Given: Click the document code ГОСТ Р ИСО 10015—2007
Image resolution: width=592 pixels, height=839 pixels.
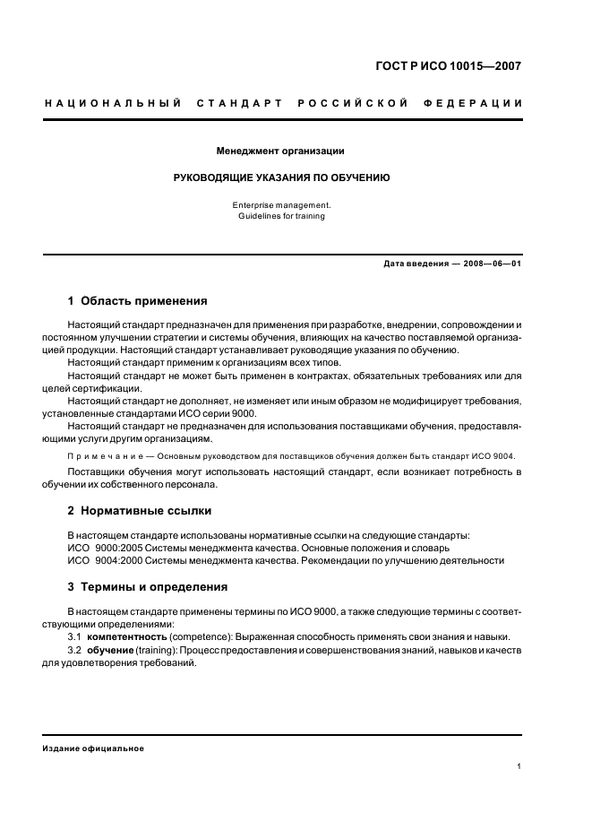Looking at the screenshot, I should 448,65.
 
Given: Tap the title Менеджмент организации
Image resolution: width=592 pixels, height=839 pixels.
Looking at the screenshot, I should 280,151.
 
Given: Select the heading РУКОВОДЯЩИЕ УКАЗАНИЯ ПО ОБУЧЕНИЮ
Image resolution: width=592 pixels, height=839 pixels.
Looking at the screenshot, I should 281,177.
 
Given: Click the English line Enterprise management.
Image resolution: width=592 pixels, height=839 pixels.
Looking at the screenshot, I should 281,205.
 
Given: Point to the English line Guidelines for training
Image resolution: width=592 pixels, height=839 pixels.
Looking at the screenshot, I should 281,216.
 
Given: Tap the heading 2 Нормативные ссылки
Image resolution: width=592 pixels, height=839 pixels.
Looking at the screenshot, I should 140,511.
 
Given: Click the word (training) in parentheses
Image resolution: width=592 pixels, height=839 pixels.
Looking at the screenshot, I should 158,649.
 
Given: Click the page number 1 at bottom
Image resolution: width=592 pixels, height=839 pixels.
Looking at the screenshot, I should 519,766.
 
